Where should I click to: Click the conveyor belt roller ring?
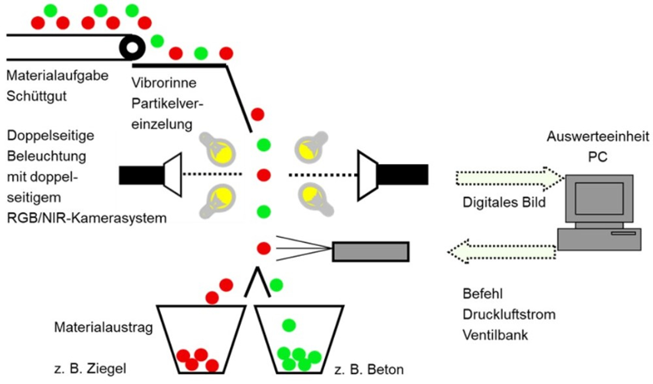[132, 48]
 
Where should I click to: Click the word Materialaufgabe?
[57, 76]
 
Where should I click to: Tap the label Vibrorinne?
[164, 83]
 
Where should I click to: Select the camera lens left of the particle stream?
[173, 174]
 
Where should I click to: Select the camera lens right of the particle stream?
[367, 175]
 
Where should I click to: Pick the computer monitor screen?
[599, 198]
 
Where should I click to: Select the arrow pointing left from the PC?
[502, 252]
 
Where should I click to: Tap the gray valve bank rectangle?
[371, 252]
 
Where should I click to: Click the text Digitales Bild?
[504, 203]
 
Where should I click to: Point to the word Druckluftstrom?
[509, 315]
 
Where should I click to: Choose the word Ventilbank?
[495, 335]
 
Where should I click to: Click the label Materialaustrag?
[103, 327]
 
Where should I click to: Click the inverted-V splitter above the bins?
[258, 282]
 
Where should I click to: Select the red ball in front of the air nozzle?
[263, 248]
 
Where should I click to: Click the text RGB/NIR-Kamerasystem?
[87, 218]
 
